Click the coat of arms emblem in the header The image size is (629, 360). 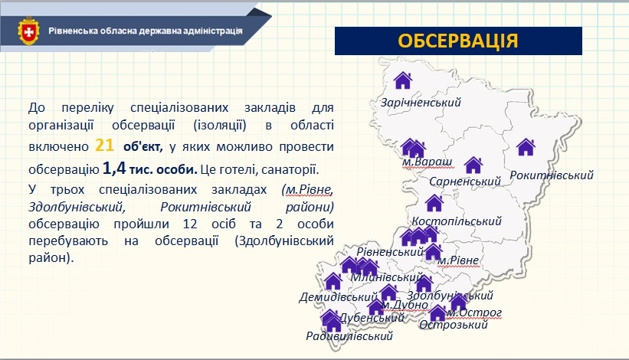tap(28, 31)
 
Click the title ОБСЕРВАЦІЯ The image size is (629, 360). tap(458, 41)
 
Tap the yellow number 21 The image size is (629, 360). tap(105, 145)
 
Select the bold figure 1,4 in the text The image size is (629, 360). tap(114, 168)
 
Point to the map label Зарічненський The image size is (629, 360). tap(421, 103)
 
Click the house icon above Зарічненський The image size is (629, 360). tap(403, 80)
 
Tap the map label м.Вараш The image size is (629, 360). tap(427, 162)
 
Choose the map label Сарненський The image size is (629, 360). tap(465, 182)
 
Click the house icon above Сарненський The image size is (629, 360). tap(473, 165)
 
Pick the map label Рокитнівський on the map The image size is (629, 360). tap(552, 175)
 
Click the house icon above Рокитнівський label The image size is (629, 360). tap(526, 147)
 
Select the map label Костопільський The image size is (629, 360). tap(457, 221)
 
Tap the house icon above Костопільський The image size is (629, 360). tap(434, 203)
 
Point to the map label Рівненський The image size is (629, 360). tap(390, 252)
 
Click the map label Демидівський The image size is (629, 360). tap(338, 297)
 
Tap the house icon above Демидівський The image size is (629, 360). tap(333, 281)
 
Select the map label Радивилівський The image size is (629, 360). tap(349, 336)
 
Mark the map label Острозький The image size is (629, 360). tap(454, 324)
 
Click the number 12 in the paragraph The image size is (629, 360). tap(190, 224)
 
